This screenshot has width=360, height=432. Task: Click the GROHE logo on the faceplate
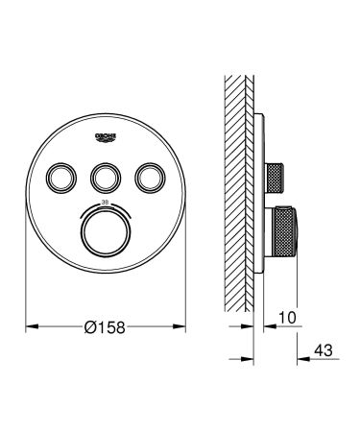106,137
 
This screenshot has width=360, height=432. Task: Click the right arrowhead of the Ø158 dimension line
180,325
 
